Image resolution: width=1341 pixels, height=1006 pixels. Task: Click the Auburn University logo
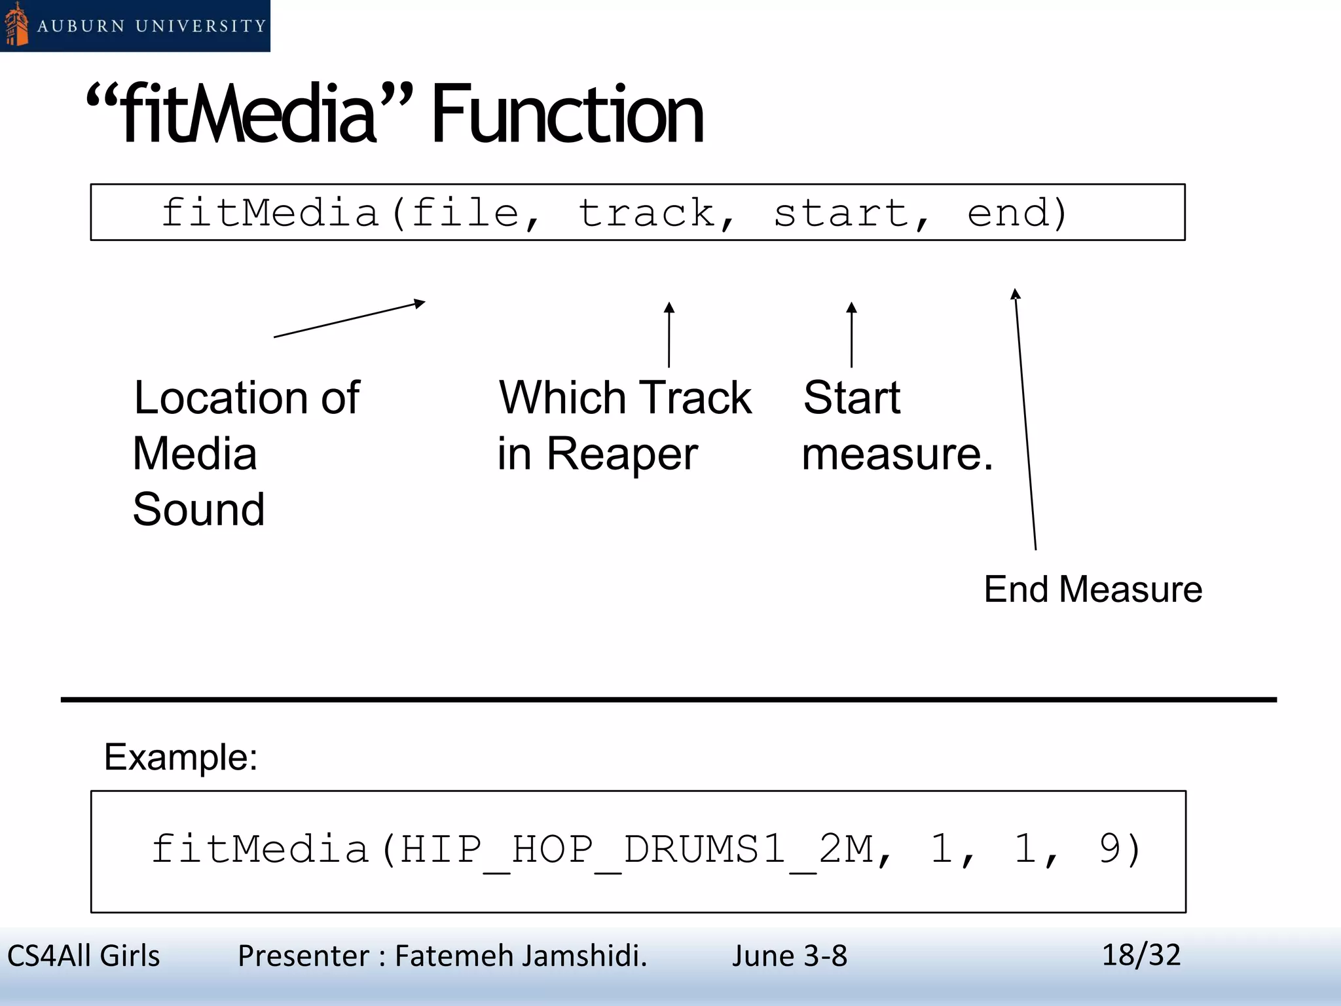point(134,26)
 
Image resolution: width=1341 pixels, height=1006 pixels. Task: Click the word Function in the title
point(567,115)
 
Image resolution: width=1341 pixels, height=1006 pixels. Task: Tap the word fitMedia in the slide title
point(249,115)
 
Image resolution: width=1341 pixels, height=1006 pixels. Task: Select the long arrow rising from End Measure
point(1025,419)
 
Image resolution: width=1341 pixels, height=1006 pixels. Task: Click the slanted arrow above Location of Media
point(349,319)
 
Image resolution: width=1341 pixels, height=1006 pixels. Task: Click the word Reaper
point(622,454)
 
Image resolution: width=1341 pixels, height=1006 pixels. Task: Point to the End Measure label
point(1093,589)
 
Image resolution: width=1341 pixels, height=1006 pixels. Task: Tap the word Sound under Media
point(199,510)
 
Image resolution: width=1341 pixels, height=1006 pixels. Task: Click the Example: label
point(181,757)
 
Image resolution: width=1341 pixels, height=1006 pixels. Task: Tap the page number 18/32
point(1141,955)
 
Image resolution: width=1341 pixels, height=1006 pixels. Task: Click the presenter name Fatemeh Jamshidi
point(521,956)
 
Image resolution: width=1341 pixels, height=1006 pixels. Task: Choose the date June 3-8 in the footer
point(789,956)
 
